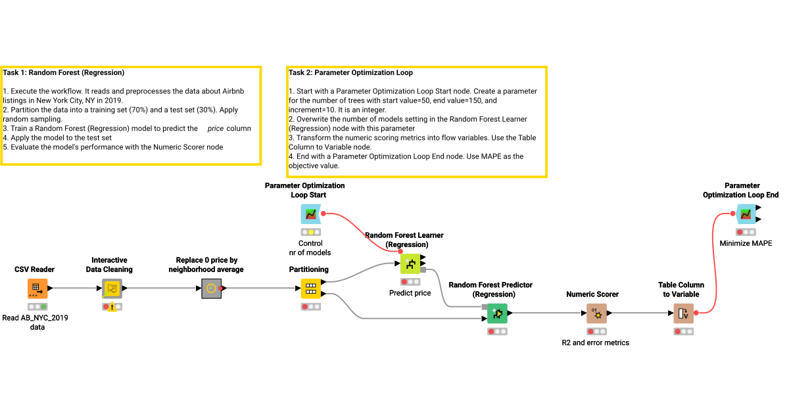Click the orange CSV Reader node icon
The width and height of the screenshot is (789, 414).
click(37, 288)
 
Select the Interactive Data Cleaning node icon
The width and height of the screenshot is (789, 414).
click(112, 288)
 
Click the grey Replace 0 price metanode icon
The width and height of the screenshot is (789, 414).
click(210, 288)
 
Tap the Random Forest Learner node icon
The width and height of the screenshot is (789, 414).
click(410, 265)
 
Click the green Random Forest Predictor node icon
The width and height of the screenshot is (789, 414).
click(497, 314)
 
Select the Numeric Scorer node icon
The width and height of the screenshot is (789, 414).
click(596, 314)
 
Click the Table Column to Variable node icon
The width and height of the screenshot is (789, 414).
click(682, 314)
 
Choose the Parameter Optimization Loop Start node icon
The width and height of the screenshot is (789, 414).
click(310, 214)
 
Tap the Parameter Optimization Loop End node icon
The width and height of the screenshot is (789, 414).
click(746, 214)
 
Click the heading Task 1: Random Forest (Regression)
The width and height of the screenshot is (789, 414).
click(64, 73)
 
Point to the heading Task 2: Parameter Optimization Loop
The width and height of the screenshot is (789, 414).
click(350, 73)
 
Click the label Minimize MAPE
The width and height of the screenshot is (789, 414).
click(746, 243)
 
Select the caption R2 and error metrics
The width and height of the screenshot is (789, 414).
click(595, 342)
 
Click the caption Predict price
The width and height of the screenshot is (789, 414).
click(410, 293)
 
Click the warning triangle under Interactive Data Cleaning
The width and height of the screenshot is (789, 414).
click(112, 308)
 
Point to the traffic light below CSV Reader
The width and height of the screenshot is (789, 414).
click(37, 306)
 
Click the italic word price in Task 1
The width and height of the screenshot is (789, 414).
click(215, 129)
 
